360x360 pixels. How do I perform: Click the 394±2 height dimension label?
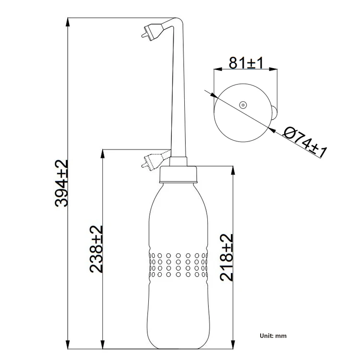point(61,183)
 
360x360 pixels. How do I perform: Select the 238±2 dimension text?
point(96,249)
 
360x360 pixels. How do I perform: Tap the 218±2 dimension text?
point(227,257)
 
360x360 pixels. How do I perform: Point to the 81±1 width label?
point(246,63)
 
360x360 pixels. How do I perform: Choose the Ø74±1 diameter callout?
point(304,142)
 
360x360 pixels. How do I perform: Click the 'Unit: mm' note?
point(273,336)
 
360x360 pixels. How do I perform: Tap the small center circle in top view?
point(243,105)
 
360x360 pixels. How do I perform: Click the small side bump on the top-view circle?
point(274,112)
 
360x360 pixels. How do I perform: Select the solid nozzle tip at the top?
point(152,32)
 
